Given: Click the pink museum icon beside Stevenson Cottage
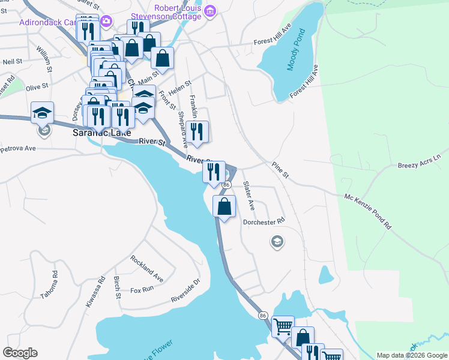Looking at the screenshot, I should pos(209,11).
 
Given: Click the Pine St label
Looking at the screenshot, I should pos(280,170).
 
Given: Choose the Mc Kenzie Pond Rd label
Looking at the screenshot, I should pos(367,211).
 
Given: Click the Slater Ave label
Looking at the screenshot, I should pos(248,196).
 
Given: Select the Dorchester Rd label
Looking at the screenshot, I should pos(263,222).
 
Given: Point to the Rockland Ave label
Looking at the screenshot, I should pos(147,268).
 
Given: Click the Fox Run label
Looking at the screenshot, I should pos(142,290).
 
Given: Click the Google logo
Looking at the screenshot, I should pos(20,353).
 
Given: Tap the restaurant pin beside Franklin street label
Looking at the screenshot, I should pos(197,131).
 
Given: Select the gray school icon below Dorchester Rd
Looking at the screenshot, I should pos(277,242).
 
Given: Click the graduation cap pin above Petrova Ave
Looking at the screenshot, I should pos(43,112).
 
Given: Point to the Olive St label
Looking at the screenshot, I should pos(37,87).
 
